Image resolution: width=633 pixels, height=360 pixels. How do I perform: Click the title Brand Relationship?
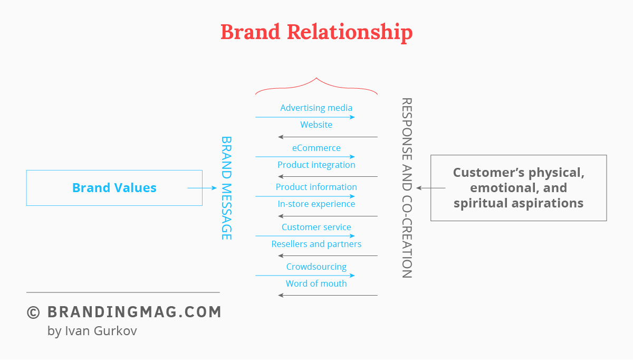[x=316, y=32]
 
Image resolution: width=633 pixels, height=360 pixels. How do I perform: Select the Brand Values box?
[x=114, y=187]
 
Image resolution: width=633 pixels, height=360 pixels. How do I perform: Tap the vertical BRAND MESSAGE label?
[x=226, y=188]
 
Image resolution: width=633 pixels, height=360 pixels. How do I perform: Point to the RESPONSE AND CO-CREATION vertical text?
[x=406, y=188]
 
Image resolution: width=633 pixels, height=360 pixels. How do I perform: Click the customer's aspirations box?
[x=519, y=187]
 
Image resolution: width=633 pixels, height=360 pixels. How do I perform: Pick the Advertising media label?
[x=316, y=108]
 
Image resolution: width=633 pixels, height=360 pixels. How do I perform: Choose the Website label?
[x=316, y=125]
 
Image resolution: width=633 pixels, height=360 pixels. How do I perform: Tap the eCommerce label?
[x=316, y=148]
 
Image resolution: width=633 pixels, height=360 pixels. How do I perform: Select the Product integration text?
[x=316, y=165]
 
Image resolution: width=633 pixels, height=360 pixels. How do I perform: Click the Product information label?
[x=316, y=187]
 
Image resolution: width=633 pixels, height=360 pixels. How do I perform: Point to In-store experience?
[x=316, y=204]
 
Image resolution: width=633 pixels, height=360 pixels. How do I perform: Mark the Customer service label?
[x=316, y=227]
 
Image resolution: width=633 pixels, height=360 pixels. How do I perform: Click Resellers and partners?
[x=316, y=244]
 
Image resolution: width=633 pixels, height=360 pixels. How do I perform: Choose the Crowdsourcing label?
[x=316, y=267]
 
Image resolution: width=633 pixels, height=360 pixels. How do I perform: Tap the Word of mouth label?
[x=316, y=283]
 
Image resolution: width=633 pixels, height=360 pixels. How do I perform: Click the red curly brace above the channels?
[x=316, y=84]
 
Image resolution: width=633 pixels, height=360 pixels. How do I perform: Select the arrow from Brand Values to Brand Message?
[x=202, y=188]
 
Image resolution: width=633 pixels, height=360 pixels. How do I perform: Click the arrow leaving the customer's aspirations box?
[x=431, y=188]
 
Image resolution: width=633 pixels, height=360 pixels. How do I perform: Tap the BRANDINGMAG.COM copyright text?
[x=124, y=312]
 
